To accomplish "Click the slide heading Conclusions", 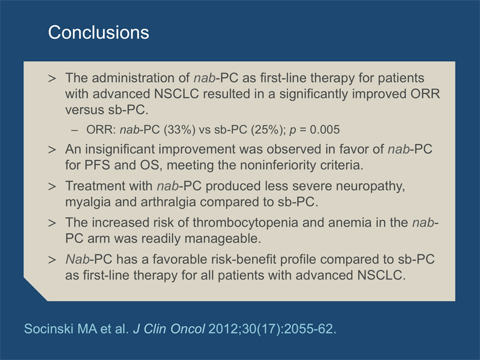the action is pyautogui.click(x=98, y=32).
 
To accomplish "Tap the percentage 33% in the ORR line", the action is pyautogui.click(x=179, y=130).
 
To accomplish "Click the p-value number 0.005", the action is pyautogui.click(x=325, y=130).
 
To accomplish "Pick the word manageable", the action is pyautogui.click(x=223, y=238).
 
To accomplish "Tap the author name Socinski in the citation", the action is pyautogui.click(x=49, y=329).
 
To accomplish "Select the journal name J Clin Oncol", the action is pyautogui.click(x=169, y=329).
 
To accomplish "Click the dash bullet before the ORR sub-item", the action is pyautogui.click(x=74, y=130).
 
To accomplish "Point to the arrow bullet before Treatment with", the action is pyautogui.click(x=52, y=187).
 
